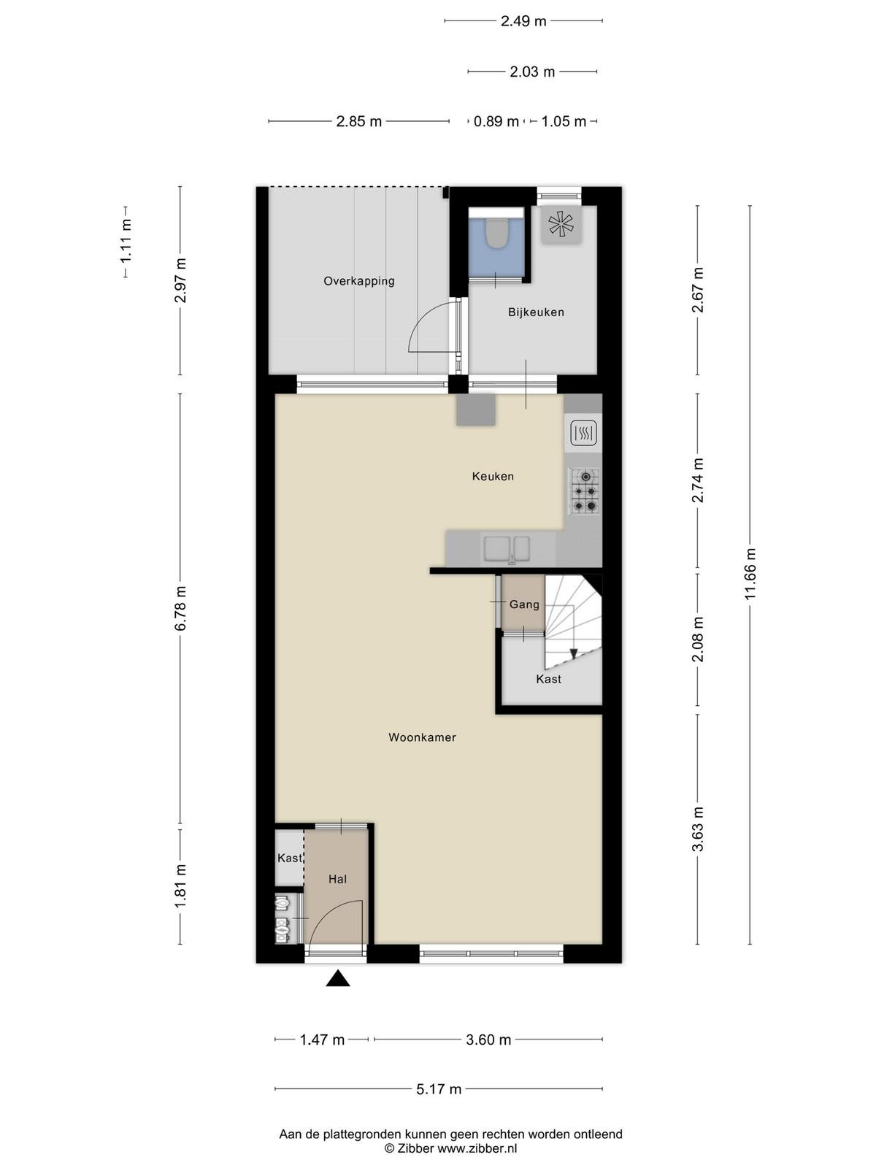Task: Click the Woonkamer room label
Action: (x=422, y=737)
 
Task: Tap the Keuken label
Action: (x=493, y=476)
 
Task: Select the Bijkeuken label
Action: (x=536, y=312)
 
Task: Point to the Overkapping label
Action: (x=359, y=281)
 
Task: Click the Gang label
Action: (x=524, y=604)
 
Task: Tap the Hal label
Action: (x=337, y=880)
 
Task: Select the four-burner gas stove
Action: (x=585, y=491)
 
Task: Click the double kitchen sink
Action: (x=506, y=550)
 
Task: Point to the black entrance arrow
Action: (x=338, y=978)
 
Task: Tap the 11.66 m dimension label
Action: (x=750, y=574)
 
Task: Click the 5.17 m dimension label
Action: (x=438, y=1089)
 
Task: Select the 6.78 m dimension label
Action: (x=180, y=608)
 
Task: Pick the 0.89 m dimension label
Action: (x=496, y=121)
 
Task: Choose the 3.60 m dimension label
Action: (x=488, y=1040)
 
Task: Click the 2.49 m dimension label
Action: (x=523, y=21)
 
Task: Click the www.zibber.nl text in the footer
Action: (x=477, y=1148)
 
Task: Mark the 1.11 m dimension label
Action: (x=126, y=242)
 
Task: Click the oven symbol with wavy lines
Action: (x=583, y=433)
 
